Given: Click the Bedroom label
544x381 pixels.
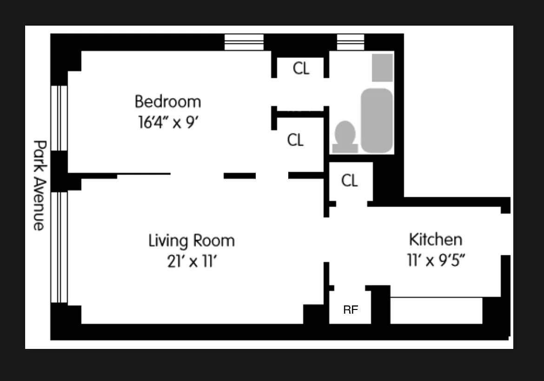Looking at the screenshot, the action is tap(168, 102).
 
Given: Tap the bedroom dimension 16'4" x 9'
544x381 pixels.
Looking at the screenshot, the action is tap(168, 122).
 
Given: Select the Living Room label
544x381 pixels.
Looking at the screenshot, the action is tap(192, 241).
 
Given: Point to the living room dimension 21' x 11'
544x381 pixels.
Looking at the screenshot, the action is tap(192, 261).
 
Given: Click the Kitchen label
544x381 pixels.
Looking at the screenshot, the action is tap(435, 240).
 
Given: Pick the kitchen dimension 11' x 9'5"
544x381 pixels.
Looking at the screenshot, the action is tap(436, 260).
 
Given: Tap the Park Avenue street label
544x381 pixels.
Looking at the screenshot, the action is tap(40, 185).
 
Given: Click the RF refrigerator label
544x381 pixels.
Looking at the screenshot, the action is tap(351, 309).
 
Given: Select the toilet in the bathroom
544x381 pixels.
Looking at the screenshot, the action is tap(345, 137).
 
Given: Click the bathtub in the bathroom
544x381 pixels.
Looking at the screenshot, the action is tap(377, 120).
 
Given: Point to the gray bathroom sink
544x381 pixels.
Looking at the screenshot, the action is tap(382, 67).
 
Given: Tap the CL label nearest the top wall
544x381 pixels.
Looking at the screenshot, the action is tap(301, 68).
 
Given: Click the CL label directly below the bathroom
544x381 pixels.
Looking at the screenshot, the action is tap(349, 180).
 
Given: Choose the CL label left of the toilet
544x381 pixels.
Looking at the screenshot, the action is tap(295, 140).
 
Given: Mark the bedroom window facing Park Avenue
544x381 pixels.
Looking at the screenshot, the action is tap(59, 118).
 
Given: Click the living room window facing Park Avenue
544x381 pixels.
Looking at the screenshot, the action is tap(59, 247).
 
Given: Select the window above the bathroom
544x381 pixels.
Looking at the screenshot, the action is tap(351, 42).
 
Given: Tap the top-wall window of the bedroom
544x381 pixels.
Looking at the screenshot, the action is tap(244, 42).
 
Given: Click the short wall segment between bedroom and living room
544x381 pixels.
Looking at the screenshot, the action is tap(240, 176).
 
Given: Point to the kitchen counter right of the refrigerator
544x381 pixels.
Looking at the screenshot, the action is tap(437, 310).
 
